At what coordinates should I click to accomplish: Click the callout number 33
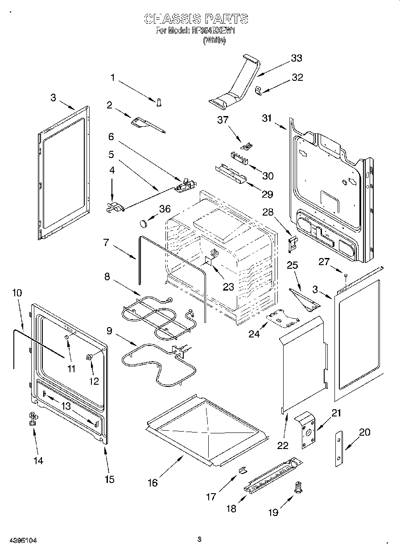click(296, 58)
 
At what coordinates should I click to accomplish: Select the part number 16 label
click(153, 483)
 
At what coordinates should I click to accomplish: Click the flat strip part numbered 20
click(340, 449)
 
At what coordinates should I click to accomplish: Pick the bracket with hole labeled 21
click(306, 428)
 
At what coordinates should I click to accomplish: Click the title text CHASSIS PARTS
click(196, 19)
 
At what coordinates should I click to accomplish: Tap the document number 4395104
click(22, 540)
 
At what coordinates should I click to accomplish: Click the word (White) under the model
click(214, 40)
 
